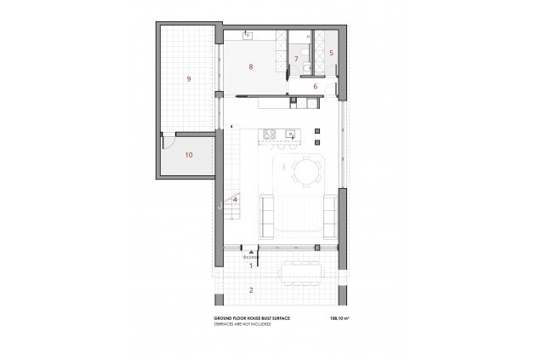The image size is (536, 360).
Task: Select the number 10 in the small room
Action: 188,155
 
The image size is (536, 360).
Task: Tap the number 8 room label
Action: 251,66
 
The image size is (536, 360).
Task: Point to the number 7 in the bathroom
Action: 296,59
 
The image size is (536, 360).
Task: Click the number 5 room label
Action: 332,53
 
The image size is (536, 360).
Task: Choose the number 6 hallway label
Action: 314,86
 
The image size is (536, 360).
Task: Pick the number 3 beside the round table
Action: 283,167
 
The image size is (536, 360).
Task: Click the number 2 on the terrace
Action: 250,290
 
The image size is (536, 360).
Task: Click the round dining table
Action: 306,172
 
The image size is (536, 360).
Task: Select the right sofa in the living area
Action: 332,212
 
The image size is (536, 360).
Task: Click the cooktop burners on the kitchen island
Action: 269,133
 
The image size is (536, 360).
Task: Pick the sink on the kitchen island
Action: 290,133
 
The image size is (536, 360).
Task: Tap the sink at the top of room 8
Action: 248,35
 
